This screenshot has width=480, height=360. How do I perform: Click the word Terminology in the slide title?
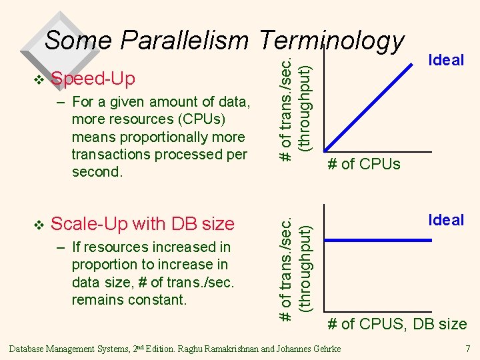click(331, 41)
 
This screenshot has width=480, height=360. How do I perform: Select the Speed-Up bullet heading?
click(93, 79)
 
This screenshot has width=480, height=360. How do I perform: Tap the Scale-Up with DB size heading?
click(143, 224)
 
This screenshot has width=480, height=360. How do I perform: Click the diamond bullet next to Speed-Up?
click(39, 80)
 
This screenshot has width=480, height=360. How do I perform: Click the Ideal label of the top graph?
click(446, 60)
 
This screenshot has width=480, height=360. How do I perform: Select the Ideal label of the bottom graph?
click(446, 220)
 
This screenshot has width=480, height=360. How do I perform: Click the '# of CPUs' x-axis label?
click(363, 164)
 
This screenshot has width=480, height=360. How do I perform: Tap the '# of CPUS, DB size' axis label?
click(397, 325)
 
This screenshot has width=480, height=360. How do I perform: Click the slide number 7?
click(467, 349)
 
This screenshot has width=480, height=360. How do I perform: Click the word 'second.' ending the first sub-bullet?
click(96, 171)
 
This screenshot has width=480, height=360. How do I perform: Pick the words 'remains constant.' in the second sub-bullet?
click(129, 299)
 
